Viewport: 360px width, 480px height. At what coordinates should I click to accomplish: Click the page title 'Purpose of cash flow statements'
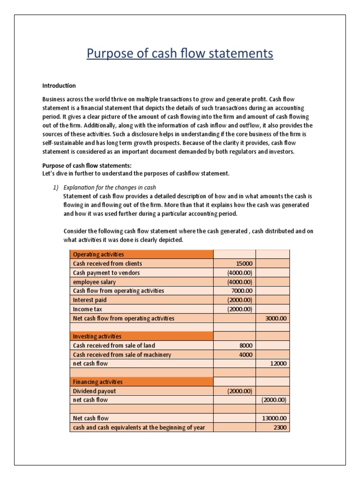[x=180, y=54]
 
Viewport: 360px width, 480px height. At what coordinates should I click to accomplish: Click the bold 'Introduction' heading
[x=59, y=86]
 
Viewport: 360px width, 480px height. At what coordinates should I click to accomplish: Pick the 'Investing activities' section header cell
[x=97, y=337]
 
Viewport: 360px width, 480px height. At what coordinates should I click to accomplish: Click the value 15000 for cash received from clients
[x=244, y=263]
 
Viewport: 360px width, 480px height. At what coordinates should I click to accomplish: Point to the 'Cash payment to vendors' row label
[x=106, y=272]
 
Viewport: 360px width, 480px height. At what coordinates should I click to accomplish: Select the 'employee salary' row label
[x=94, y=282]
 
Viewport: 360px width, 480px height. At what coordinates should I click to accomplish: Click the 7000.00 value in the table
[x=241, y=291]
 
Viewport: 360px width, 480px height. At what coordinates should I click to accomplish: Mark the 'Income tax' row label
[x=87, y=309]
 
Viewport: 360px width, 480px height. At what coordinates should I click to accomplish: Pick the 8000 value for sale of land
[x=246, y=345]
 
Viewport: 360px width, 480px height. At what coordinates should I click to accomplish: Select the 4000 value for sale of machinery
[x=246, y=354]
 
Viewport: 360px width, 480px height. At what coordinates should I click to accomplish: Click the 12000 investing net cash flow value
[x=278, y=364]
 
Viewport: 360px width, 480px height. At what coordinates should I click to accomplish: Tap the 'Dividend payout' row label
[x=94, y=391]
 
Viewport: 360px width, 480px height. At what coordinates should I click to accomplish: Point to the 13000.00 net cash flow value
[x=273, y=418]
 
